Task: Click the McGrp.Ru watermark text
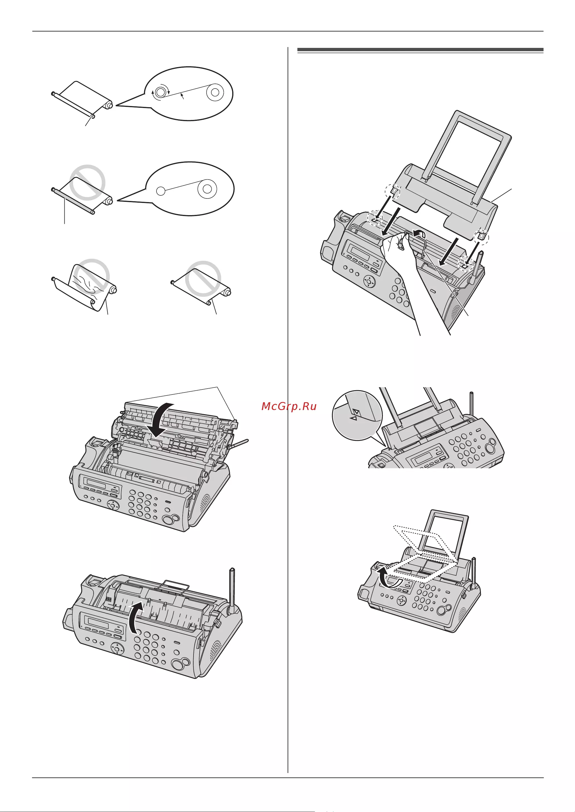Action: point(289,406)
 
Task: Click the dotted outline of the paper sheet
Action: point(421,554)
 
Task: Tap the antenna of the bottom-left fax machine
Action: point(232,591)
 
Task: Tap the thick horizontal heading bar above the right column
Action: point(420,50)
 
